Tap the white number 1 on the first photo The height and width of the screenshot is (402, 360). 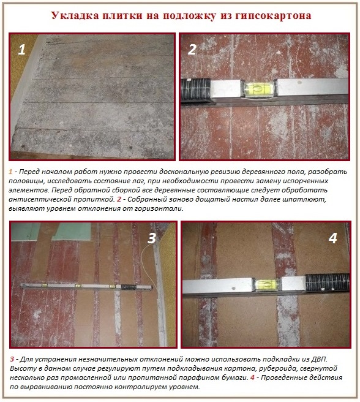tap(22, 50)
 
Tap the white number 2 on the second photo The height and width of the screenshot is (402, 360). tap(192, 50)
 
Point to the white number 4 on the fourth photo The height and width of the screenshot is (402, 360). tap(332, 238)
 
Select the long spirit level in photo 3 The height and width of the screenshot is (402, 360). tap(86, 286)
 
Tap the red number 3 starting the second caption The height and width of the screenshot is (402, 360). tap(12, 358)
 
